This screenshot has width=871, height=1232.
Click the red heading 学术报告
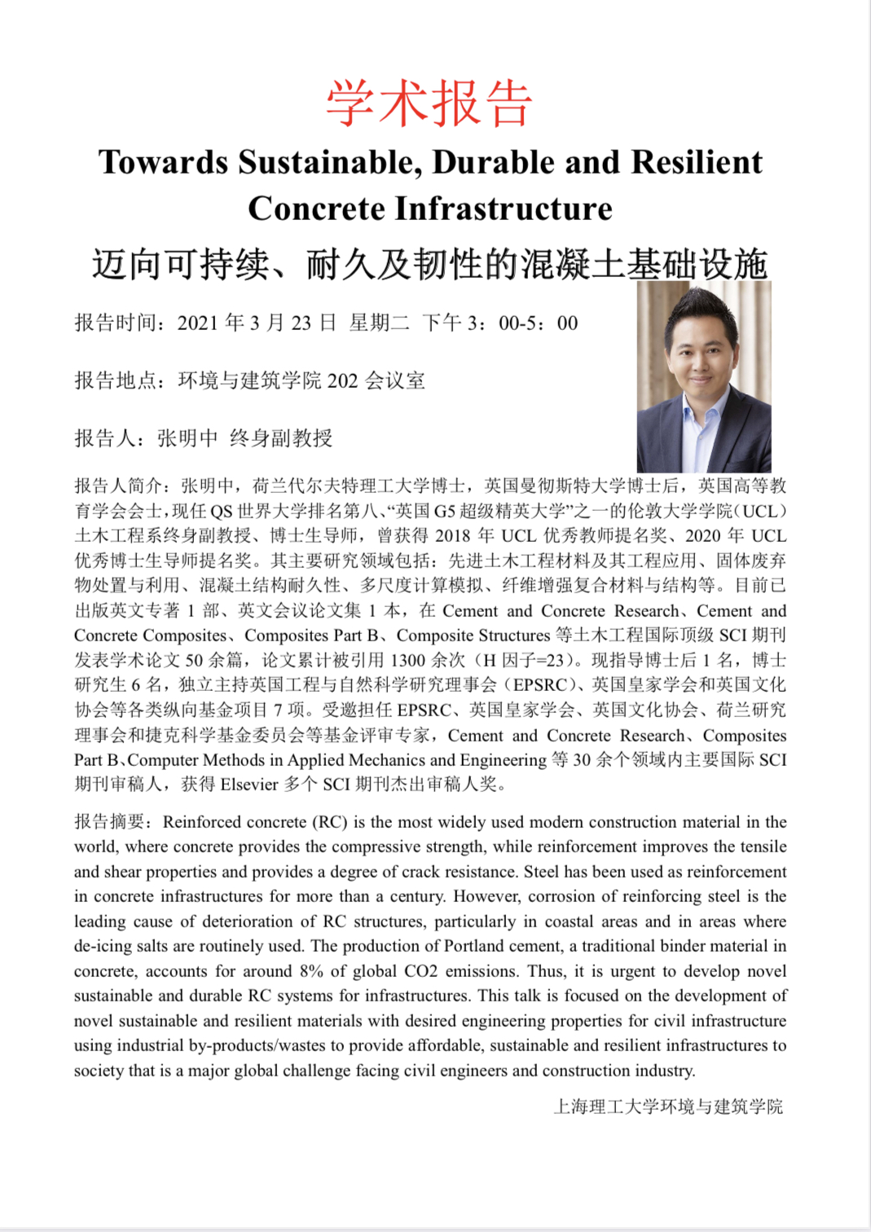pyautogui.click(x=429, y=103)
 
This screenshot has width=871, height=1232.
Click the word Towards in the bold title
pyautogui.click(x=163, y=162)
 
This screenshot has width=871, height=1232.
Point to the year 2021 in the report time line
pyautogui.click(x=198, y=323)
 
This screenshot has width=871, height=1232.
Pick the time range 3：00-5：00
pyautogui.click(x=522, y=323)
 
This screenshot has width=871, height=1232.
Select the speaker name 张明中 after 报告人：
pyautogui.click(x=187, y=438)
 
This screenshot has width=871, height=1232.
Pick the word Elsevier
pyautogui.click(x=249, y=785)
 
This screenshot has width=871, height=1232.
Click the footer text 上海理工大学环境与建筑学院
pyautogui.click(x=668, y=1107)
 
